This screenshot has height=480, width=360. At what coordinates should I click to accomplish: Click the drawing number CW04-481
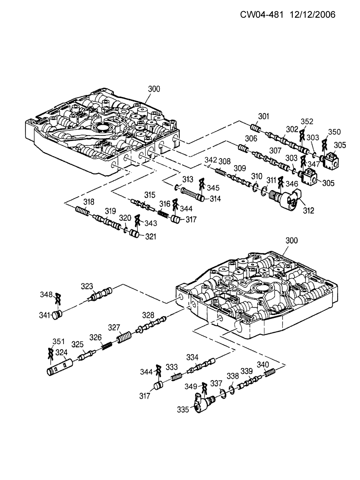click(x=261, y=15)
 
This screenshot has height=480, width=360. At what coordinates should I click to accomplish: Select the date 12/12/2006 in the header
click(x=313, y=15)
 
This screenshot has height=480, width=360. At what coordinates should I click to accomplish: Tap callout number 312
click(x=309, y=211)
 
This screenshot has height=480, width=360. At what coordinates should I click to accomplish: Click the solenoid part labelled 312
click(x=285, y=199)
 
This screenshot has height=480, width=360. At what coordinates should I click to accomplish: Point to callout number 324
click(x=62, y=352)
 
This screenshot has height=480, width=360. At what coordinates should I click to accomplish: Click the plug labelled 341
click(x=57, y=315)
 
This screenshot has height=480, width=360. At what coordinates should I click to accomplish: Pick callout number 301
click(x=263, y=116)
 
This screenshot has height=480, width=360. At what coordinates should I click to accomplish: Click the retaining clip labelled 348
click(x=58, y=298)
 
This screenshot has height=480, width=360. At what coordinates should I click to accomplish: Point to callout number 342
click(x=211, y=160)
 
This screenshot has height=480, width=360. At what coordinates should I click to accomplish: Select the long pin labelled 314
click(x=192, y=193)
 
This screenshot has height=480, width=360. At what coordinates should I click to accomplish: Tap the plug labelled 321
click(x=134, y=234)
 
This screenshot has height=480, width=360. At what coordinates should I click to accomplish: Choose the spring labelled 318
click(x=82, y=211)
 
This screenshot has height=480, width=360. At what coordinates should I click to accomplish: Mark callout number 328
click(x=148, y=315)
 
